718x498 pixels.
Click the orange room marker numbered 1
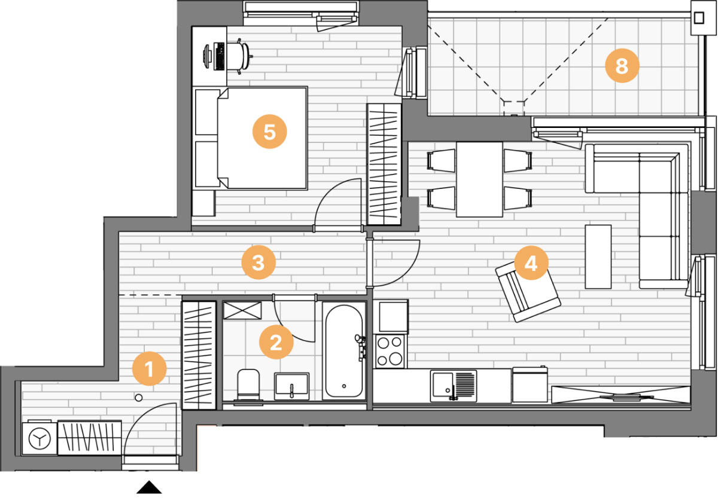pyautogui.click(x=150, y=369)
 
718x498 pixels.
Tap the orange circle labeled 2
pyautogui.click(x=276, y=342)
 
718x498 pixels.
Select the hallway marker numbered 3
pyautogui.click(x=258, y=262)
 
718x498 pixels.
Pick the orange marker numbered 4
pyautogui.click(x=531, y=263)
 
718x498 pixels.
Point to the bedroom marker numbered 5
pyautogui.click(x=270, y=132)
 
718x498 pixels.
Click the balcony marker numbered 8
pyautogui.click(x=622, y=66)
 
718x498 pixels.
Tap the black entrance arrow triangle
pyautogui.click(x=149, y=487)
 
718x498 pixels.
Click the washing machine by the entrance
pyautogui.click(x=39, y=438)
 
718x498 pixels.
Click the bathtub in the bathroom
pyautogui.click(x=344, y=351)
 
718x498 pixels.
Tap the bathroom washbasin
pyautogui.click(x=292, y=386)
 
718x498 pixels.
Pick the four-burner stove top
pyautogui.click(x=390, y=352)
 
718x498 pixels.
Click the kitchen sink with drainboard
pyautogui.click(x=454, y=386)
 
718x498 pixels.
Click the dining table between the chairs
pyautogui.click(x=479, y=179)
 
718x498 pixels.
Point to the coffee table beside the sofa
pyautogui.click(x=598, y=256)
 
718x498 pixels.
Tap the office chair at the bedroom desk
pyautogui.click(x=239, y=56)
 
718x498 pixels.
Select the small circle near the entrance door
pyautogui.click(x=138, y=398)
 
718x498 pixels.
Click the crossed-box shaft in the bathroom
pyautogui.click(x=242, y=310)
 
